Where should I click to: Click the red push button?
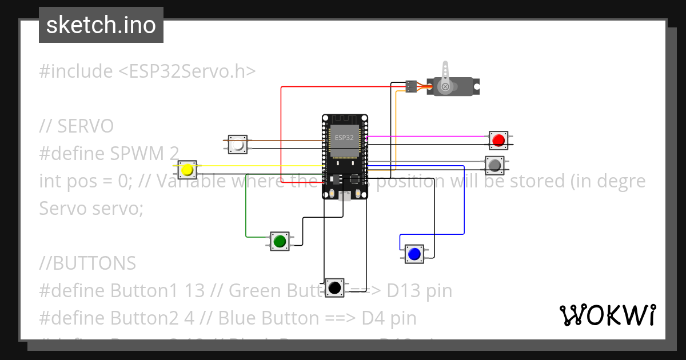(498, 140)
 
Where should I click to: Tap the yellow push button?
(186, 170)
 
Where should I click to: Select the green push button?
(280, 241)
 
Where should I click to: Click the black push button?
(334, 287)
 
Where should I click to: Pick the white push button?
(238, 145)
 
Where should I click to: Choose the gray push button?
(494, 165)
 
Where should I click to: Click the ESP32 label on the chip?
(344, 138)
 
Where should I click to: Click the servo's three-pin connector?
(410, 86)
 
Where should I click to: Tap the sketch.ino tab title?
(101, 25)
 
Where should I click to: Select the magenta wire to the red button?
(429, 137)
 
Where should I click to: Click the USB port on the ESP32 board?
(344, 196)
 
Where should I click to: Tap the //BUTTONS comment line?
(87, 263)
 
